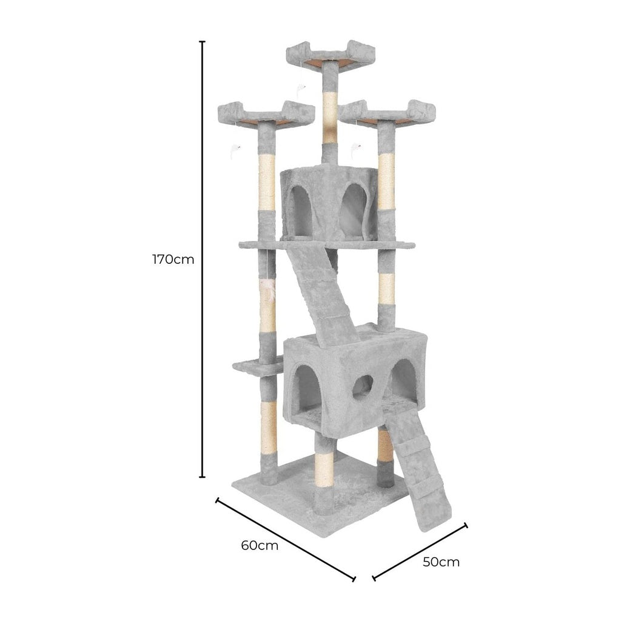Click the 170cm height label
(173, 260)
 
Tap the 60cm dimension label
(260, 545)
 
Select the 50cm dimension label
(441, 562)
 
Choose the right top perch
(388, 113)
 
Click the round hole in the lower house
(363, 386)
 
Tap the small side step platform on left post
(255, 367)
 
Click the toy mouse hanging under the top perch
(301, 90)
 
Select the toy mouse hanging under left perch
(235, 150)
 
